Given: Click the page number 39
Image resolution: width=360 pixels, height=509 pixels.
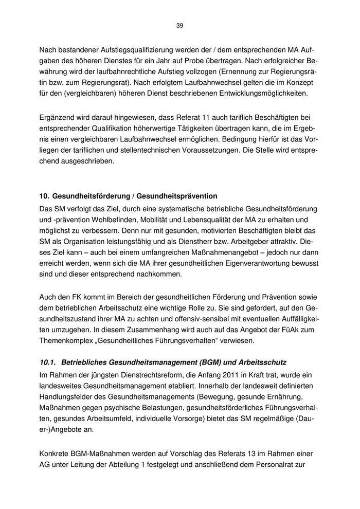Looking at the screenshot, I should pyautogui.click(x=179, y=25).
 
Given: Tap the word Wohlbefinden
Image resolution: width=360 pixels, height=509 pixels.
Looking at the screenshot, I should pyautogui.click(x=94, y=219).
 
